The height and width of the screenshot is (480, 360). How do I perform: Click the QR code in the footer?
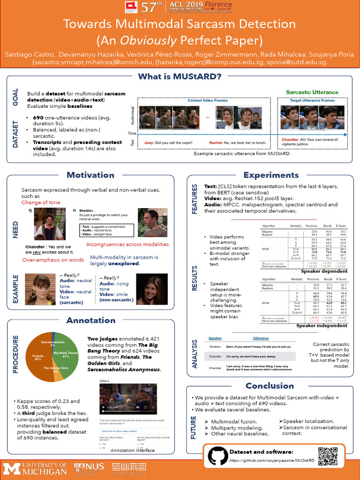click(328, 456)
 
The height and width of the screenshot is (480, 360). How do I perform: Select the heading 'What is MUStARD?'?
click(180, 76)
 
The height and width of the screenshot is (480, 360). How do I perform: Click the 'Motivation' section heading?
click(90, 175)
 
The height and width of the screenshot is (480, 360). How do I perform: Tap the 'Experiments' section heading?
click(271, 175)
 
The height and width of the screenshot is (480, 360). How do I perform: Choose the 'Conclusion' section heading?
click(270, 386)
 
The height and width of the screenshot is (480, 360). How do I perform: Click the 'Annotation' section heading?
click(91, 321)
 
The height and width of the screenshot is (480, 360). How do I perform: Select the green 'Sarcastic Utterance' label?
click(312, 92)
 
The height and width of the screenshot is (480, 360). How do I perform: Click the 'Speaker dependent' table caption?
click(324, 271)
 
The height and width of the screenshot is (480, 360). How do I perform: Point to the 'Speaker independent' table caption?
click(322, 325)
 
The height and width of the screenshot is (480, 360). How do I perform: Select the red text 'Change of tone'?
click(41, 202)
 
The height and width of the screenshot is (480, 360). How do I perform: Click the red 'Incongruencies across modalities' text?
click(127, 244)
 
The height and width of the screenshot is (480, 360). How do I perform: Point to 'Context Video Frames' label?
click(208, 100)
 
